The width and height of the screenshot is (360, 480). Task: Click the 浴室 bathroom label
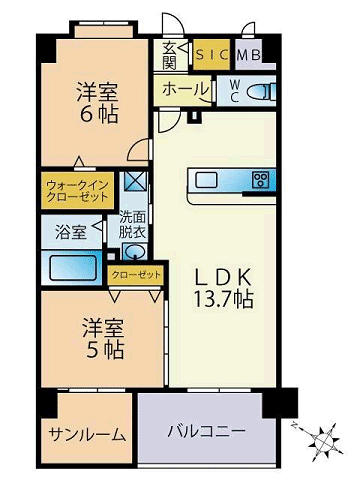pos(70,231)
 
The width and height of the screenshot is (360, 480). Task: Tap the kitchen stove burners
pos(262,180)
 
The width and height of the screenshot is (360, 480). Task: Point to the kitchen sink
pos(208,180)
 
